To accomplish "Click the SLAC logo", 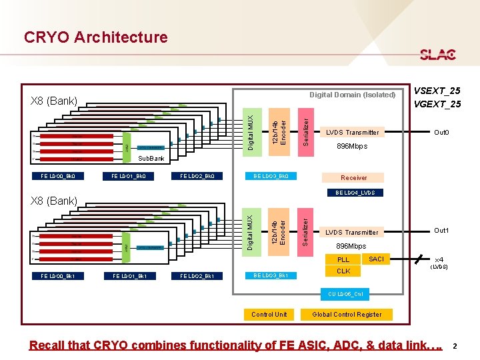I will (x=437, y=55).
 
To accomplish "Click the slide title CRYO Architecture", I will (x=95, y=37).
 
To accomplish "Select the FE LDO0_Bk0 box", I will (x=58, y=177).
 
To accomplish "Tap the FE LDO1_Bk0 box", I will (x=128, y=177).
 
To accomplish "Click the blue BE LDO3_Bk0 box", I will (x=271, y=177).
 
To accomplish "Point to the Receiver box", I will (x=353, y=178).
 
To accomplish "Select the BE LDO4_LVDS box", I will (x=355, y=193).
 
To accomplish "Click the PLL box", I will (x=343, y=259).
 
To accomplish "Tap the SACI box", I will (x=376, y=259).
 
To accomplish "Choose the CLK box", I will (x=343, y=271).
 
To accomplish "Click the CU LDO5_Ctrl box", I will (x=345, y=294).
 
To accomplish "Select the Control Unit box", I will (x=269, y=314).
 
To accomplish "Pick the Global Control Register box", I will (x=347, y=314).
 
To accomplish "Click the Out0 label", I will (x=441, y=133).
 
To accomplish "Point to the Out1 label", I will (x=441, y=231).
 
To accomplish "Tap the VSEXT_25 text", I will (x=437, y=91).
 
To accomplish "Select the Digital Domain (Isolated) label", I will (x=352, y=95).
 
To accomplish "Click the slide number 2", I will (x=455, y=346).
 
